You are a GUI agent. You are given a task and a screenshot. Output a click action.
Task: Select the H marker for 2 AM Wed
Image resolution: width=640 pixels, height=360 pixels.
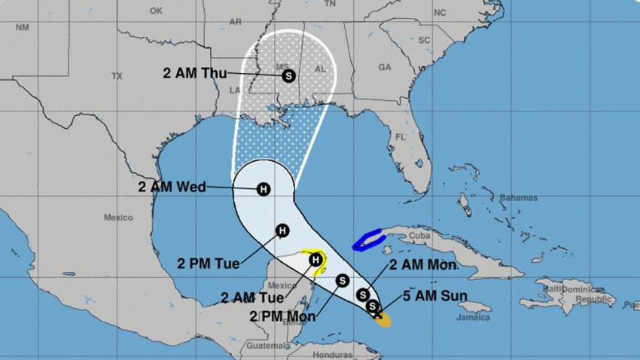264,189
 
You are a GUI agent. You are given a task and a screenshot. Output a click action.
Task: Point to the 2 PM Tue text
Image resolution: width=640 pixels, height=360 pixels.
209,264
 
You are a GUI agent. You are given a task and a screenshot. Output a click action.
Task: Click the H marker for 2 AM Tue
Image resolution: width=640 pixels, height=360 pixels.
317,260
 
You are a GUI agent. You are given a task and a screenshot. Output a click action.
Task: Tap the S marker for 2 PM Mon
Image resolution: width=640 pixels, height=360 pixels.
342,280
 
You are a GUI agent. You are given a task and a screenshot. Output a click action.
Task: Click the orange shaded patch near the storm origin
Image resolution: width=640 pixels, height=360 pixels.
383,322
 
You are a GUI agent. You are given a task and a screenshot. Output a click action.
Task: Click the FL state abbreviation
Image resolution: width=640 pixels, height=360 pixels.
401,138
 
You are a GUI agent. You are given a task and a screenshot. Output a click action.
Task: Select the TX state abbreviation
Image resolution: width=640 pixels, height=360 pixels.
117,76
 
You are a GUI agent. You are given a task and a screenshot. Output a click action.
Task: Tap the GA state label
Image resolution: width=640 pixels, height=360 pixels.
385,67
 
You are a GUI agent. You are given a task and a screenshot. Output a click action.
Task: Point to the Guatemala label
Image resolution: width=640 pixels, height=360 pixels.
263,347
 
